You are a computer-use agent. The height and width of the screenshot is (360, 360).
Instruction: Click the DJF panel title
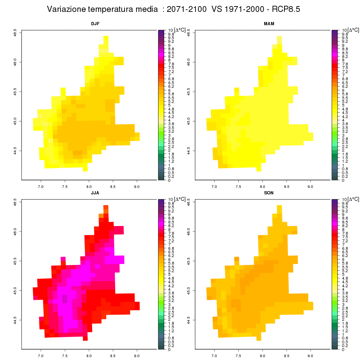pos(95,24)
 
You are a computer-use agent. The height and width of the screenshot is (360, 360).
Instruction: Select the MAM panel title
pos(269,24)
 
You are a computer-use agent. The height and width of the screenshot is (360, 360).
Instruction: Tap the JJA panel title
pos(95,193)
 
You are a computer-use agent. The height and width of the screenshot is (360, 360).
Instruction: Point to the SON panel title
pos(269,193)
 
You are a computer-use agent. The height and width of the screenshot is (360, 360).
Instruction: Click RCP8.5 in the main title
pos(286,9)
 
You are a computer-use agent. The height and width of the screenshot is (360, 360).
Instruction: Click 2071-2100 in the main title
pos(186,9)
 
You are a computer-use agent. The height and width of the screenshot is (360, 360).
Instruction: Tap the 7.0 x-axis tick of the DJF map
pos(41,186)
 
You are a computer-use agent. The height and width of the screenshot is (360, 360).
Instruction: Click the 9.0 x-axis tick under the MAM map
pos(310,186)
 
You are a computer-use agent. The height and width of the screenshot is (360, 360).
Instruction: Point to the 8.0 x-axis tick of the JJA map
pos(89,356)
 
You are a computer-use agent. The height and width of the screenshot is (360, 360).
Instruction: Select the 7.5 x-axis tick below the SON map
pos(238,356)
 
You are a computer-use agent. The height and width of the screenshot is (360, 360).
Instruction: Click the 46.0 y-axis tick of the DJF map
pos(15,62)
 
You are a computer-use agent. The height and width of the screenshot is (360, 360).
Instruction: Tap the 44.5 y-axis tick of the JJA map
pos(15,320)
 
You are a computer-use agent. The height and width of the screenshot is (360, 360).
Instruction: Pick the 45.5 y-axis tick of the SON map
pos(189,261)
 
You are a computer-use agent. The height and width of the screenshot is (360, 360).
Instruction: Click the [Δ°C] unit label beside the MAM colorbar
pos(354,30)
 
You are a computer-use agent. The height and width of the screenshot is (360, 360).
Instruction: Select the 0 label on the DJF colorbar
pos(169,180)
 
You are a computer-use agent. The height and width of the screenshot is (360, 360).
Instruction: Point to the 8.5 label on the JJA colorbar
pos(171,222)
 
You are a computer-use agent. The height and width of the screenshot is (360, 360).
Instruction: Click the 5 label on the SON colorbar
pos(343,274)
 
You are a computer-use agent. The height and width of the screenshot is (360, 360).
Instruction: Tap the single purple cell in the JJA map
pos(64,299)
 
